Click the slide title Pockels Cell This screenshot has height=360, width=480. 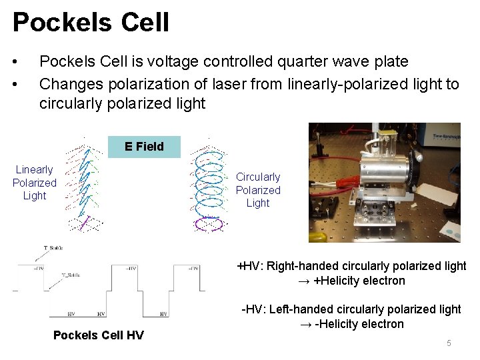[91, 22]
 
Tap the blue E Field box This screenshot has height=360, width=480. [144, 146]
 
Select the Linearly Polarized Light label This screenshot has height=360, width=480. [35, 183]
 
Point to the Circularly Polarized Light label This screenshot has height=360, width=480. [258, 190]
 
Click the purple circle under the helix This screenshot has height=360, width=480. [209, 224]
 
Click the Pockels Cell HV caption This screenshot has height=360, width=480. [98, 335]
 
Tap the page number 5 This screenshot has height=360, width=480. [449, 343]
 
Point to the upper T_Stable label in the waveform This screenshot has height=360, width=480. [53, 248]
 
